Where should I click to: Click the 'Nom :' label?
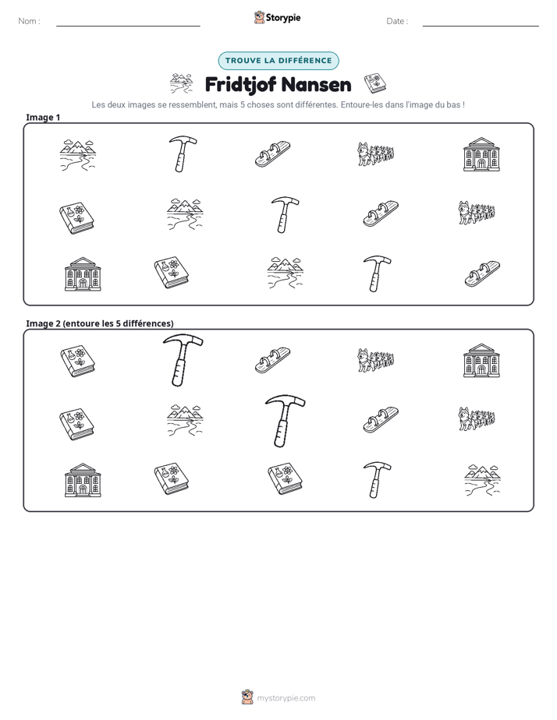29,21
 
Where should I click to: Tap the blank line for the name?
128,26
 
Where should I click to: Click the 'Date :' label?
397,21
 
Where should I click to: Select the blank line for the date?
481,26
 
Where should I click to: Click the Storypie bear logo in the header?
259,17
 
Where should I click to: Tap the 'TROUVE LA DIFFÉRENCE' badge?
278,61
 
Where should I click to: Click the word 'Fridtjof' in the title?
240,85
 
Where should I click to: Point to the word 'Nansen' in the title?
316,85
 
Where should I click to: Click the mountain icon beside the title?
181,83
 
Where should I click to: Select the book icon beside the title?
375,83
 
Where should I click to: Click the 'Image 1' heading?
43,118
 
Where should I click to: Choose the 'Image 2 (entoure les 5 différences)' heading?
100,323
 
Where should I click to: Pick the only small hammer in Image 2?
377,480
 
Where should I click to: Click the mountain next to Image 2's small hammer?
482,480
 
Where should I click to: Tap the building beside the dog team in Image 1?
481,154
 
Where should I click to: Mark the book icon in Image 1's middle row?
76,217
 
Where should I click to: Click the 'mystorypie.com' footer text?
286,698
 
